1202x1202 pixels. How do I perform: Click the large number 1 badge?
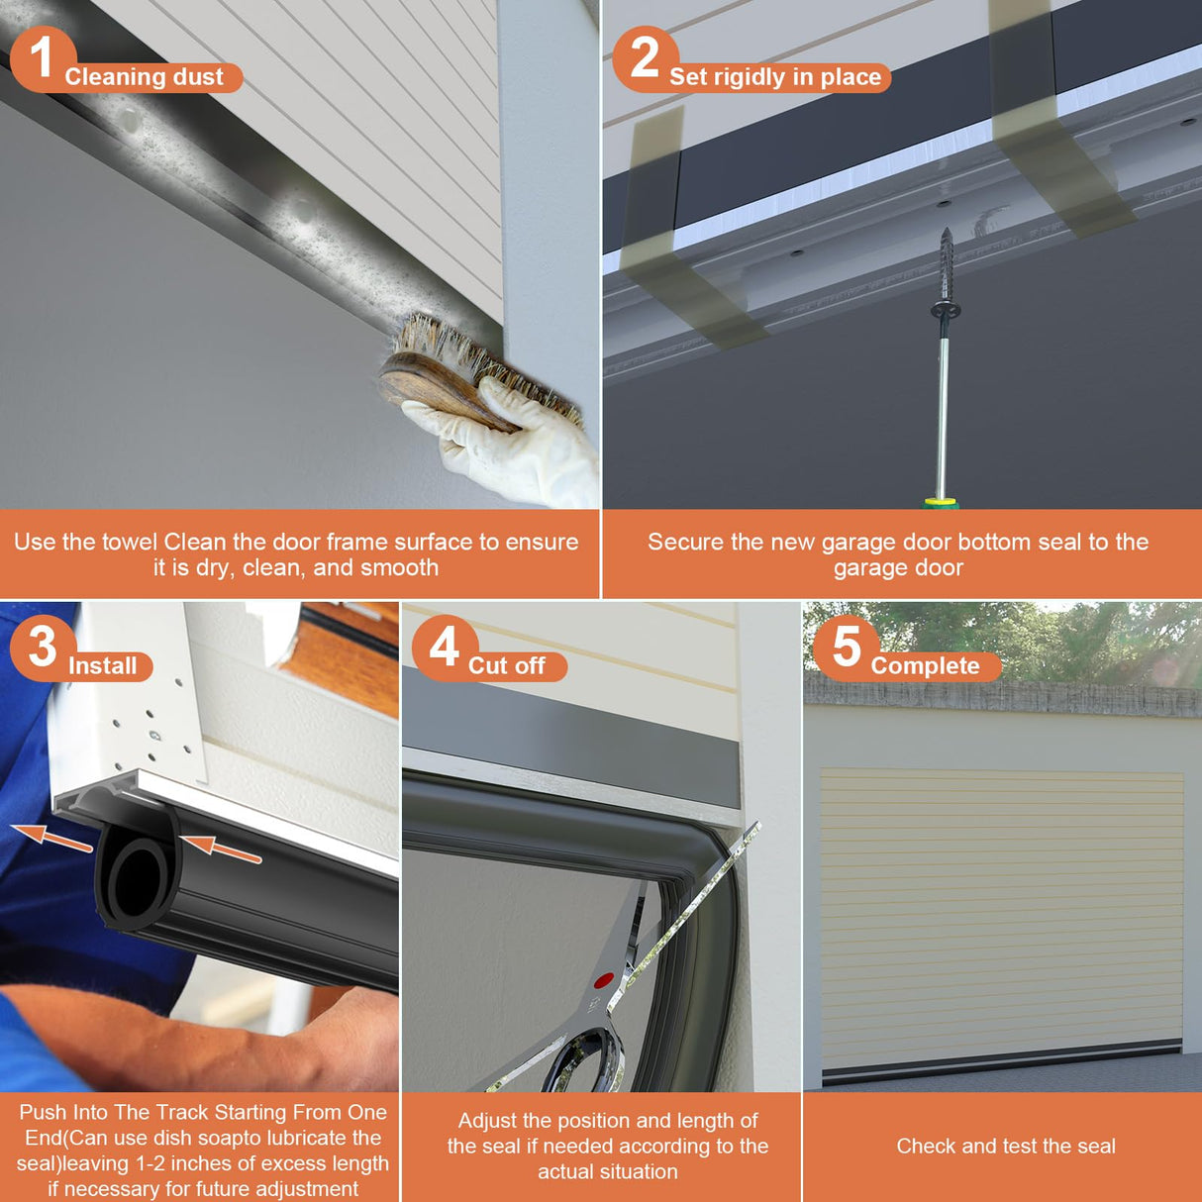pos(43,57)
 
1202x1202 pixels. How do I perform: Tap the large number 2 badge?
pos(645,57)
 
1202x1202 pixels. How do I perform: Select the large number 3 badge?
pos(43,648)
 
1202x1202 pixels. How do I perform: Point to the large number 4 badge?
pos(445,648)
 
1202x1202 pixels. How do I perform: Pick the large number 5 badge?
pos(847,648)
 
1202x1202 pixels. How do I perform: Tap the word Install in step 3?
pos(102,666)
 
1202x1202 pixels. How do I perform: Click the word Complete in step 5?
pos(925,666)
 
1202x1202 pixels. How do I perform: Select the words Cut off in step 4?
pos(507,666)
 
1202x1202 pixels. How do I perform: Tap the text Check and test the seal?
pos(1006,1146)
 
